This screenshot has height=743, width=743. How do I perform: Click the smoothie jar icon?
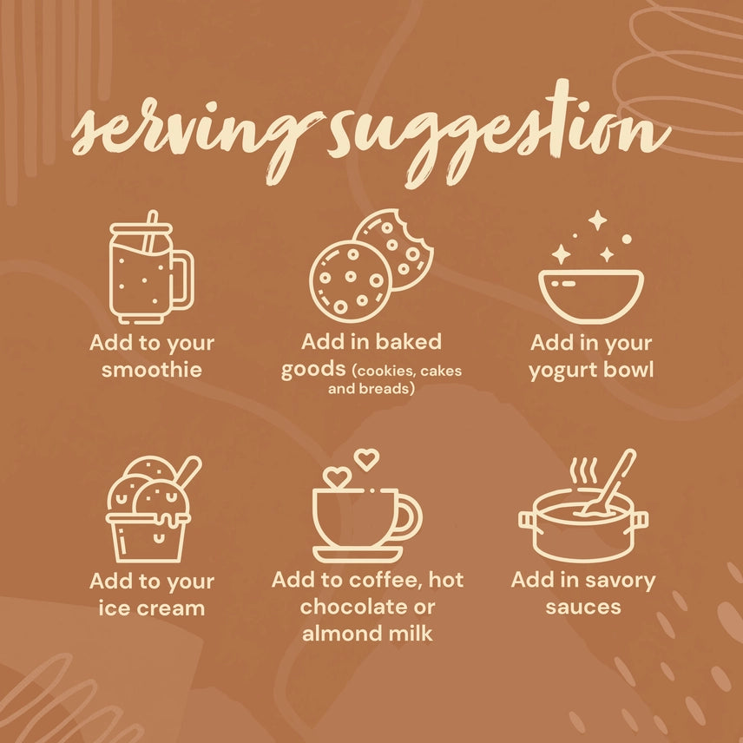pos(151,267)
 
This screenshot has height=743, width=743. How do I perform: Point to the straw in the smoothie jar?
pos(150,233)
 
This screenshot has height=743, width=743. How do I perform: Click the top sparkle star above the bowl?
pos(597,220)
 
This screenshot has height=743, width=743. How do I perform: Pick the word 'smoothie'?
pos(152,370)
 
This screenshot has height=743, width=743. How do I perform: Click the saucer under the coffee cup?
pos(358,554)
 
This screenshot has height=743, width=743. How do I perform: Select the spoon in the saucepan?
pos(607,483)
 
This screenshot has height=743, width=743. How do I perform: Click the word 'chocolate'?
pos(355,607)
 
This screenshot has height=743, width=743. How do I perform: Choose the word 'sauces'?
pos(583,607)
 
